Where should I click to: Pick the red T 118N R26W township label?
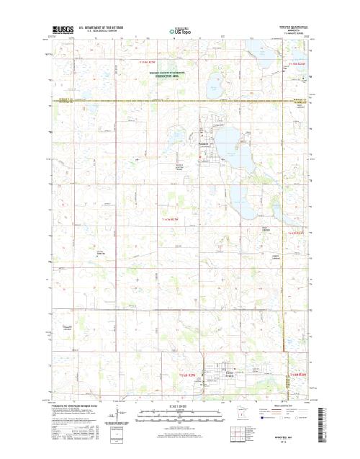pyautogui.click(x=300, y=64)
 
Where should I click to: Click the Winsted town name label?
pyautogui.click(x=203, y=143)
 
